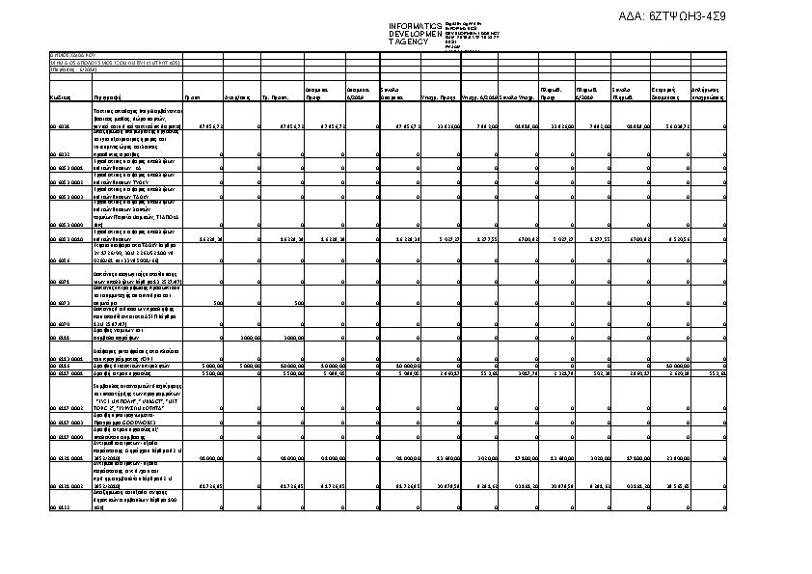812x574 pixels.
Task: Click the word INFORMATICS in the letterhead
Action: [415, 25]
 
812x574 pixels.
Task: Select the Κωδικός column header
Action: [60, 98]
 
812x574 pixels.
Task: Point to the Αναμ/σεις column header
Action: [237, 98]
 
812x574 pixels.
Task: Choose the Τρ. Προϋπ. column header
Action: [277, 98]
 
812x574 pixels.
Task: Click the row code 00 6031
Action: [59, 126]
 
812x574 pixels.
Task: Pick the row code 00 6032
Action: [59, 153]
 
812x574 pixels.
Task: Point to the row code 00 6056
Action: [59, 260]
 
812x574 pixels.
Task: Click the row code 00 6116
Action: [61, 366]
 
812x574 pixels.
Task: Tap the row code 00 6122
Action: [59, 506]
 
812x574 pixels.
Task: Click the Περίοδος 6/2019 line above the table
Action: [72, 69]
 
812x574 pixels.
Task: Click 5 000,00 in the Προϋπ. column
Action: [212, 366]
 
